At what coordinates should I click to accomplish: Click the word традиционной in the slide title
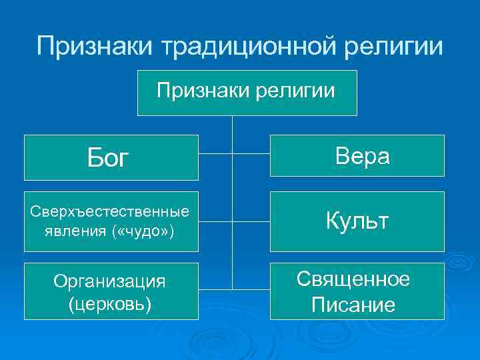click(x=256, y=46)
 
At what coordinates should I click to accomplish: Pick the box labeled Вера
click(x=357, y=155)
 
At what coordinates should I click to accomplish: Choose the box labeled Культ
click(x=357, y=221)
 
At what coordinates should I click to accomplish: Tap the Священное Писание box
click(x=357, y=291)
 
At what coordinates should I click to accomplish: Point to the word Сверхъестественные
click(x=111, y=211)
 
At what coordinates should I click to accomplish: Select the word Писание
click(x=353, y=305)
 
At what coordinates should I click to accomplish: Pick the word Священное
click(x=353, y=279)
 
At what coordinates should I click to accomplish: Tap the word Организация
click(x=111, y=281)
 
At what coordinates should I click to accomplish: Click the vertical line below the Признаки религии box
click(x=232, y=130)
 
